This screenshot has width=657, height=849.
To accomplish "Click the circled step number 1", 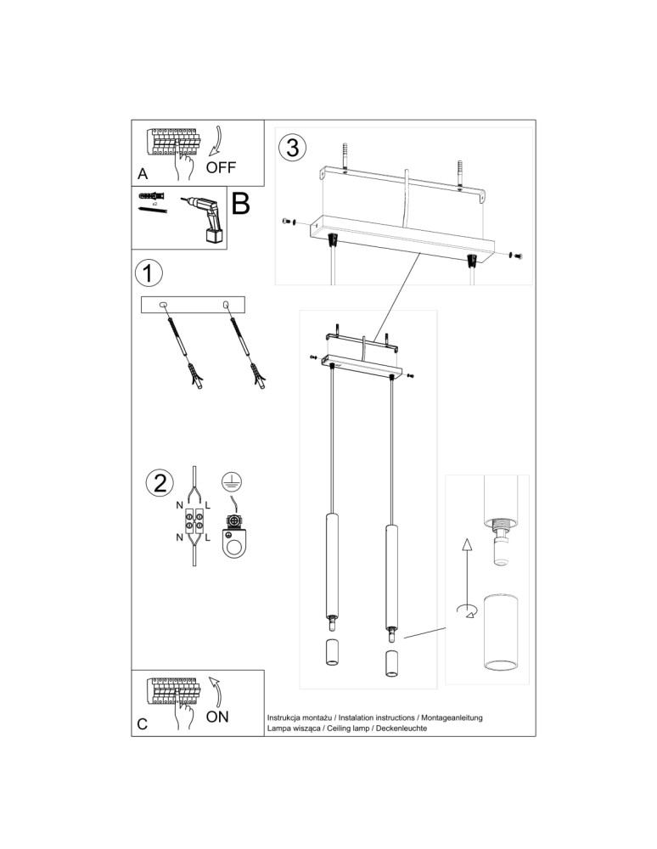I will [149, 273].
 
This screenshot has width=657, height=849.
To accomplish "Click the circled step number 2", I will [159, 482].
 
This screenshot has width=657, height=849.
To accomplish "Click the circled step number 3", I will [291, 148].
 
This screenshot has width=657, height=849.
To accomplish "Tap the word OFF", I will [221, 167].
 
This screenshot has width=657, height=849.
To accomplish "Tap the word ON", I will [217, 717].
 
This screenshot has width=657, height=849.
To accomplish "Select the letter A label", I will [143, 174].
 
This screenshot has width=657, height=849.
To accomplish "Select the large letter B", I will [241, 205].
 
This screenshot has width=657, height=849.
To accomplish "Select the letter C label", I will [143, 724].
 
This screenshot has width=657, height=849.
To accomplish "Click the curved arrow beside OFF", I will [221, 139].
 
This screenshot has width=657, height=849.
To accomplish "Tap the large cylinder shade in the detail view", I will [500, 633].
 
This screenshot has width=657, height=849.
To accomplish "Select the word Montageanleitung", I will [452, 718].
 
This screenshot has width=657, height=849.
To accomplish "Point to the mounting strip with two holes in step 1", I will [194, 305].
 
